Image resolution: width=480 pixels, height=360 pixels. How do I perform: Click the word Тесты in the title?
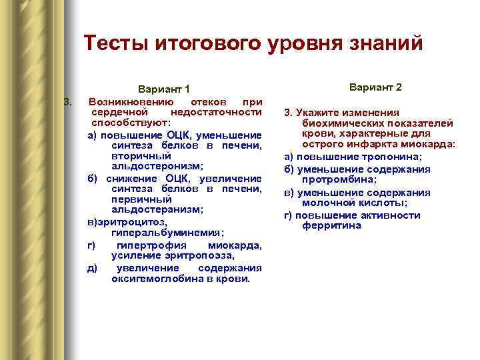tap(117, 43)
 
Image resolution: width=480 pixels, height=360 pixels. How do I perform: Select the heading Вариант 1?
tap(163, 89)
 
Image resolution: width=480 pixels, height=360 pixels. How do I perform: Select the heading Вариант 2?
tap(375, 87)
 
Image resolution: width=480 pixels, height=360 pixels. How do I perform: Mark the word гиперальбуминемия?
tap(167, 232)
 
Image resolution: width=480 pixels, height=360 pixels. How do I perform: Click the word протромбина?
tap(335, 180)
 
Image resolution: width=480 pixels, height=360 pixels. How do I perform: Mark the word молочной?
tap(326, 203)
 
